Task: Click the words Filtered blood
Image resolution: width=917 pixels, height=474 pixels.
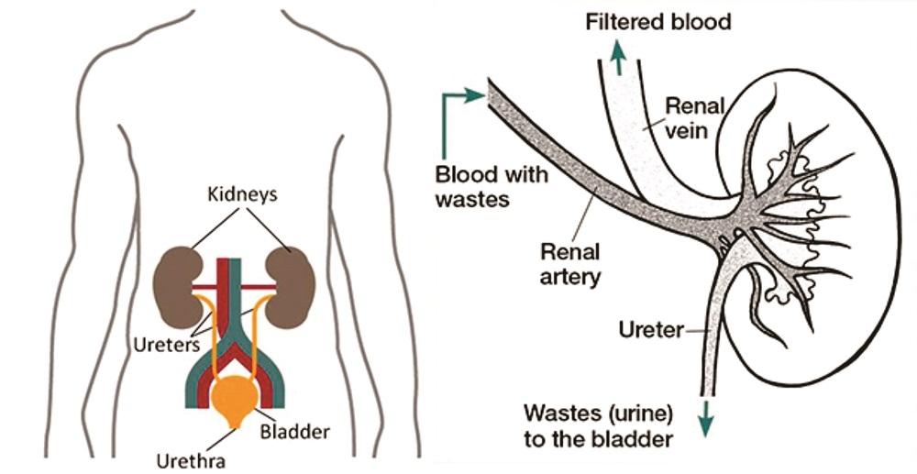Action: pyautogui.click(x=658, y=21)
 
